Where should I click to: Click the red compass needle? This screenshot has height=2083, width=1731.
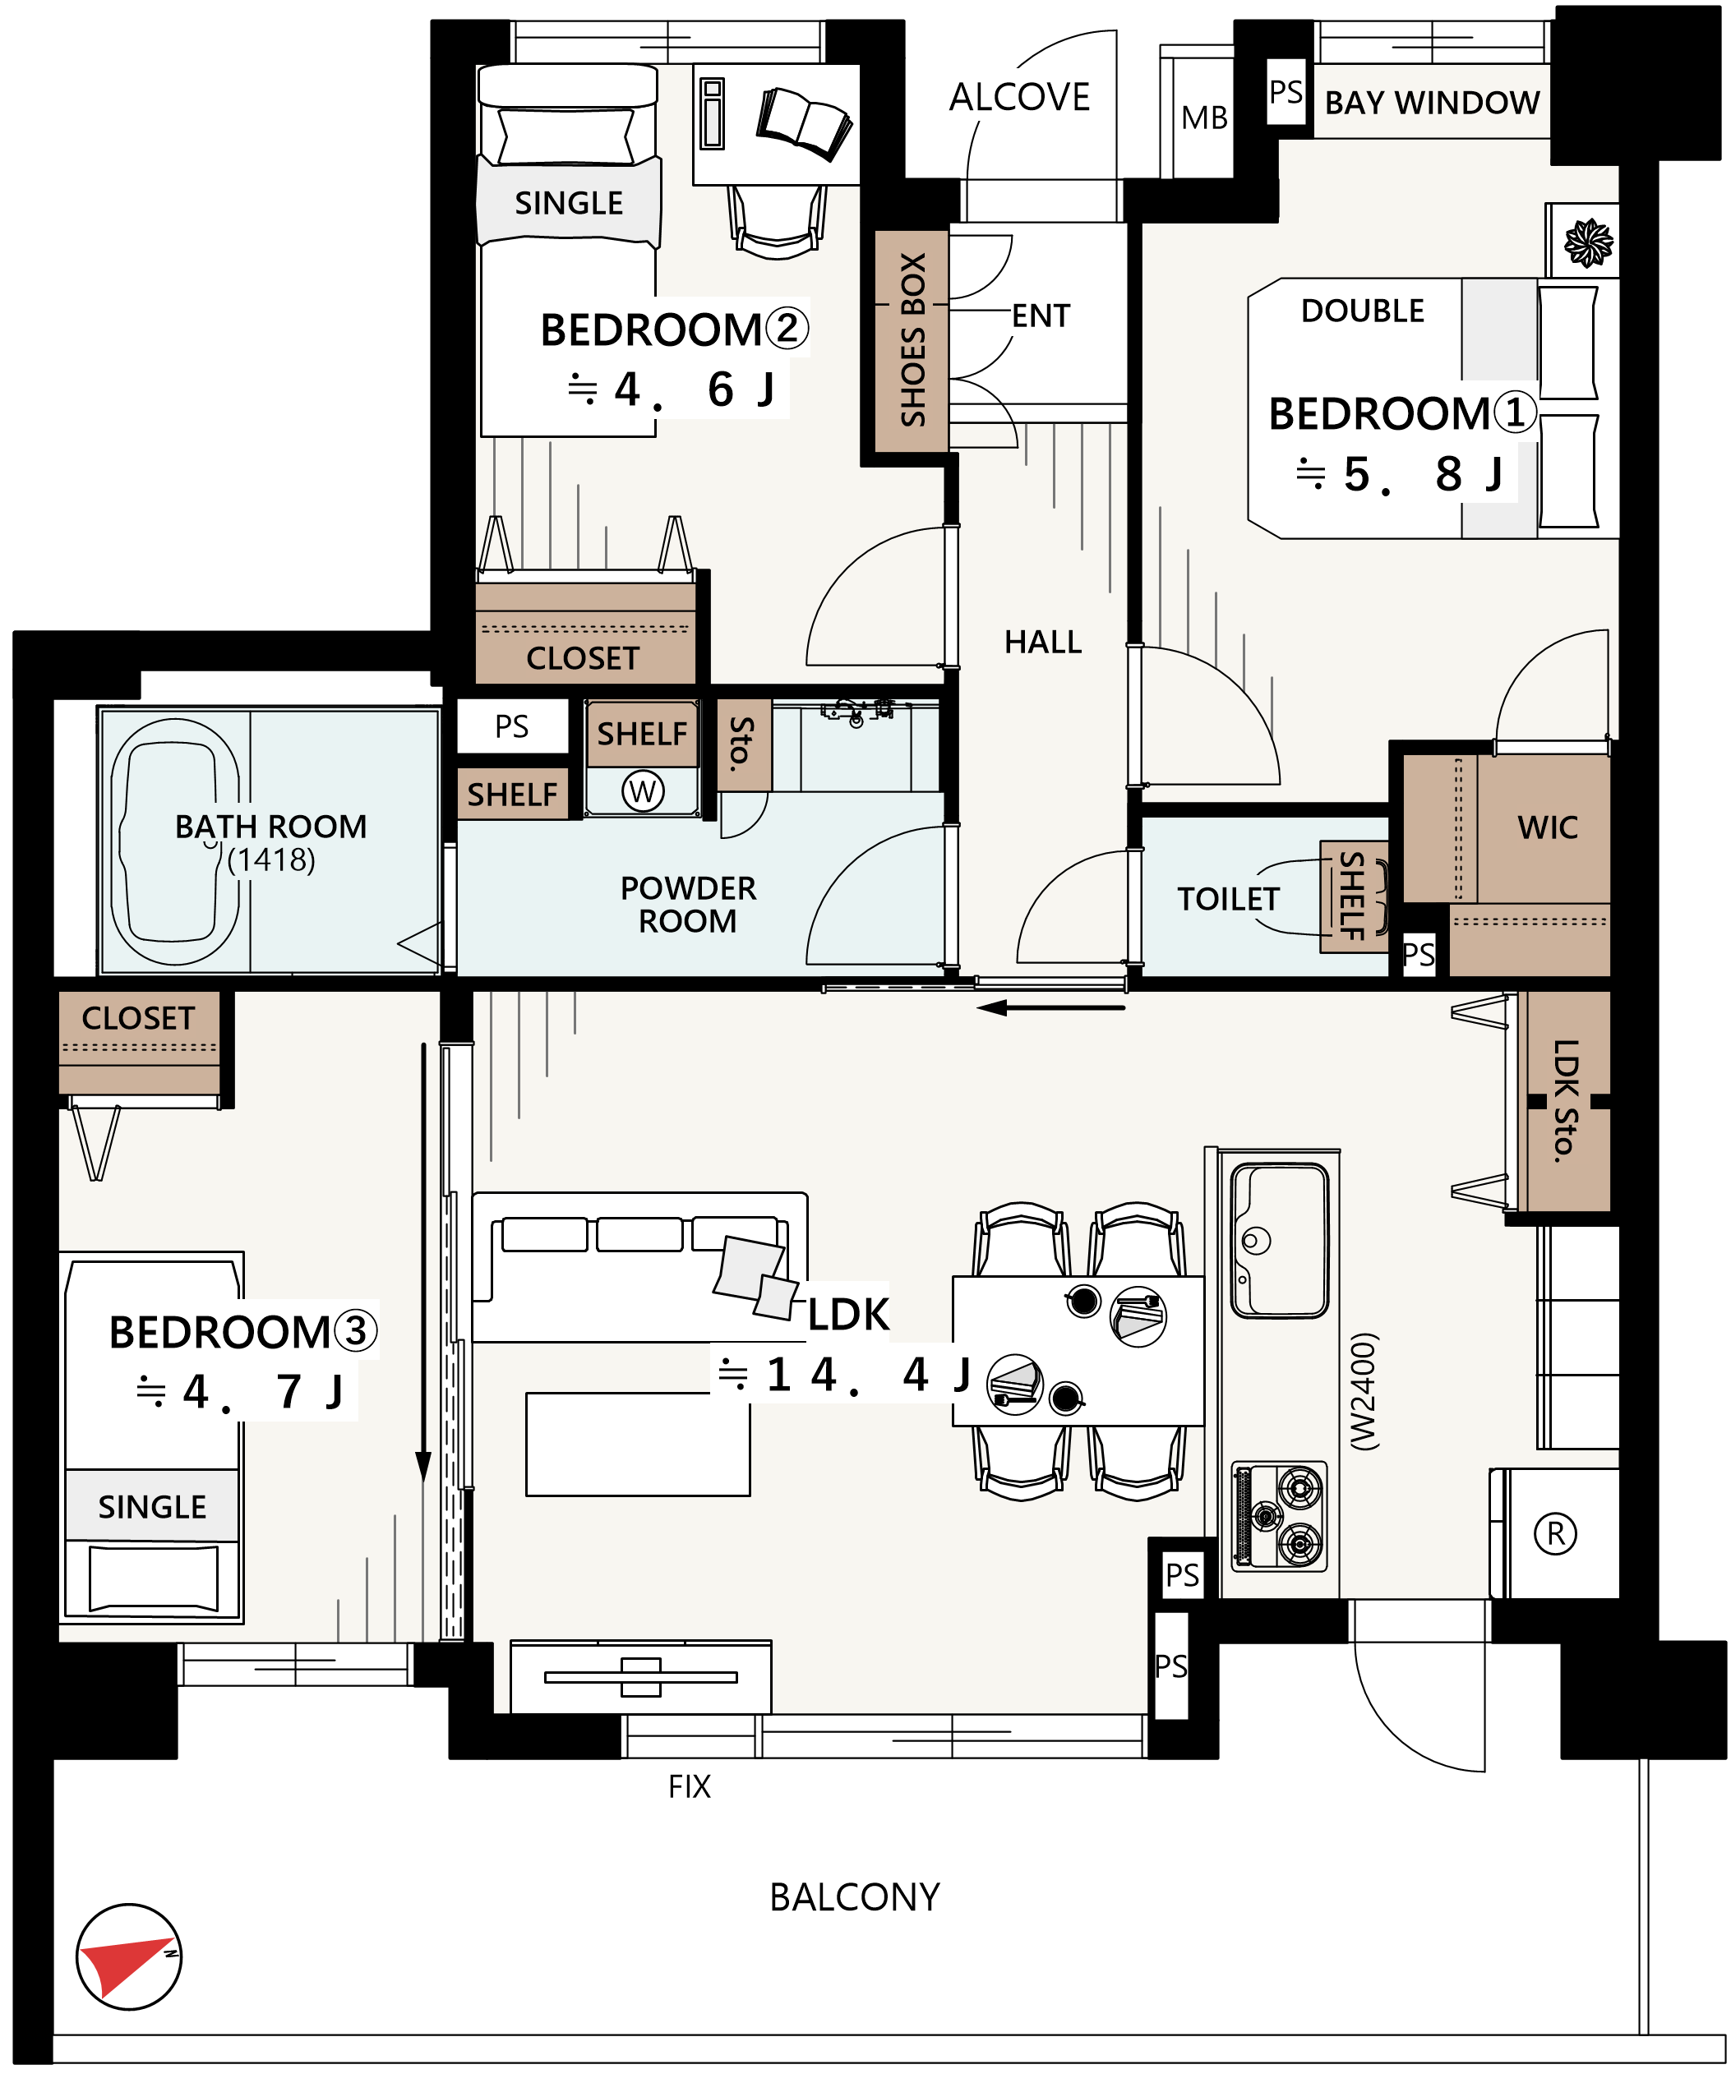[x=124, y=1967]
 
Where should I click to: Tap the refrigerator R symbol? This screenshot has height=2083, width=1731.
[x=1555, y=1533]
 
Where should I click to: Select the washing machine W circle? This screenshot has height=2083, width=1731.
[x=643, y=790]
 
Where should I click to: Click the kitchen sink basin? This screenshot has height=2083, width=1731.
[x=1280, y=1240]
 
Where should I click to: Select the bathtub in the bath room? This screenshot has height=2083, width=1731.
[x=174, y=841]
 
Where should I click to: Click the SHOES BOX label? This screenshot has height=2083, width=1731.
[x=912, y=340]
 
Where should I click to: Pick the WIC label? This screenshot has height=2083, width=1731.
[x=1548, y=827]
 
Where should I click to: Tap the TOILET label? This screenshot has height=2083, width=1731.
[x=1228, y=899]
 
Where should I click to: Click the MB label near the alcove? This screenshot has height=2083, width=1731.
[x=1204, y=118]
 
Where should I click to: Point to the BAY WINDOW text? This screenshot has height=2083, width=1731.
[x=1433, y=102]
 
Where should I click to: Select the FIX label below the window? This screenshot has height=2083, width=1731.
[x=690, y=1786]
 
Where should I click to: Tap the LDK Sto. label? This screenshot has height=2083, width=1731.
[x=1565, y=1100]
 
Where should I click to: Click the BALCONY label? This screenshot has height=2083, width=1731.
[x=854, y=1897]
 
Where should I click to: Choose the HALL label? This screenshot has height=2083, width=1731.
[x=1042, y=642]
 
